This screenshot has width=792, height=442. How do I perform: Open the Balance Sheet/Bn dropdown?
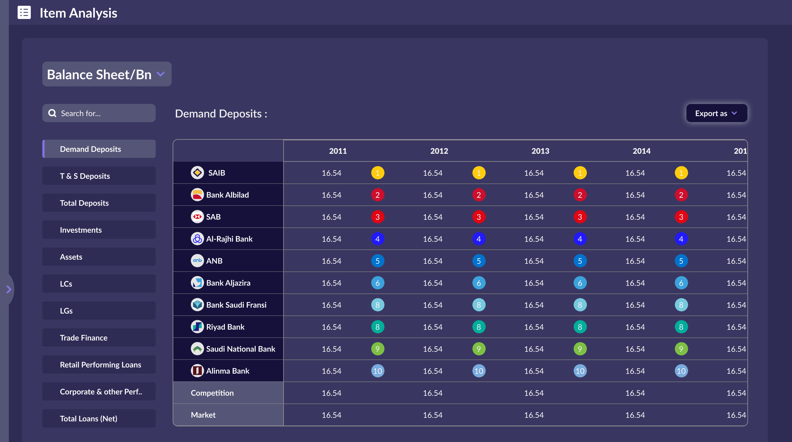pos(106,74)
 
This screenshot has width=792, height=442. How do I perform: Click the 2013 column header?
pos(540,151)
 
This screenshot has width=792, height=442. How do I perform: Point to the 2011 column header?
pos(338,151)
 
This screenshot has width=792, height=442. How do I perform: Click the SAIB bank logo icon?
pos(197,173)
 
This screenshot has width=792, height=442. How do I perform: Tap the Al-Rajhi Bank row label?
pos(229,239)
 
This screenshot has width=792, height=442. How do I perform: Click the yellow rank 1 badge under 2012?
pos(479,173)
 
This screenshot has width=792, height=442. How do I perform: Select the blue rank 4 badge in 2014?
pos(681,239)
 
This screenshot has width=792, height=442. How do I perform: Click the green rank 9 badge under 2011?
pos(378,349)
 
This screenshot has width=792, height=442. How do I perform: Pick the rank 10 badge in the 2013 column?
pos(580,371)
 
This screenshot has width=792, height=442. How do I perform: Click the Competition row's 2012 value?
pos(433,393)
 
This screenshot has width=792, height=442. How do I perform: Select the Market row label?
pos(203,415)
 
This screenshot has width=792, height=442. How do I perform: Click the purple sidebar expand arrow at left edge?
pos(9,289)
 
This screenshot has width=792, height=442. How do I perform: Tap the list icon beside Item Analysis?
pos(24,13)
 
